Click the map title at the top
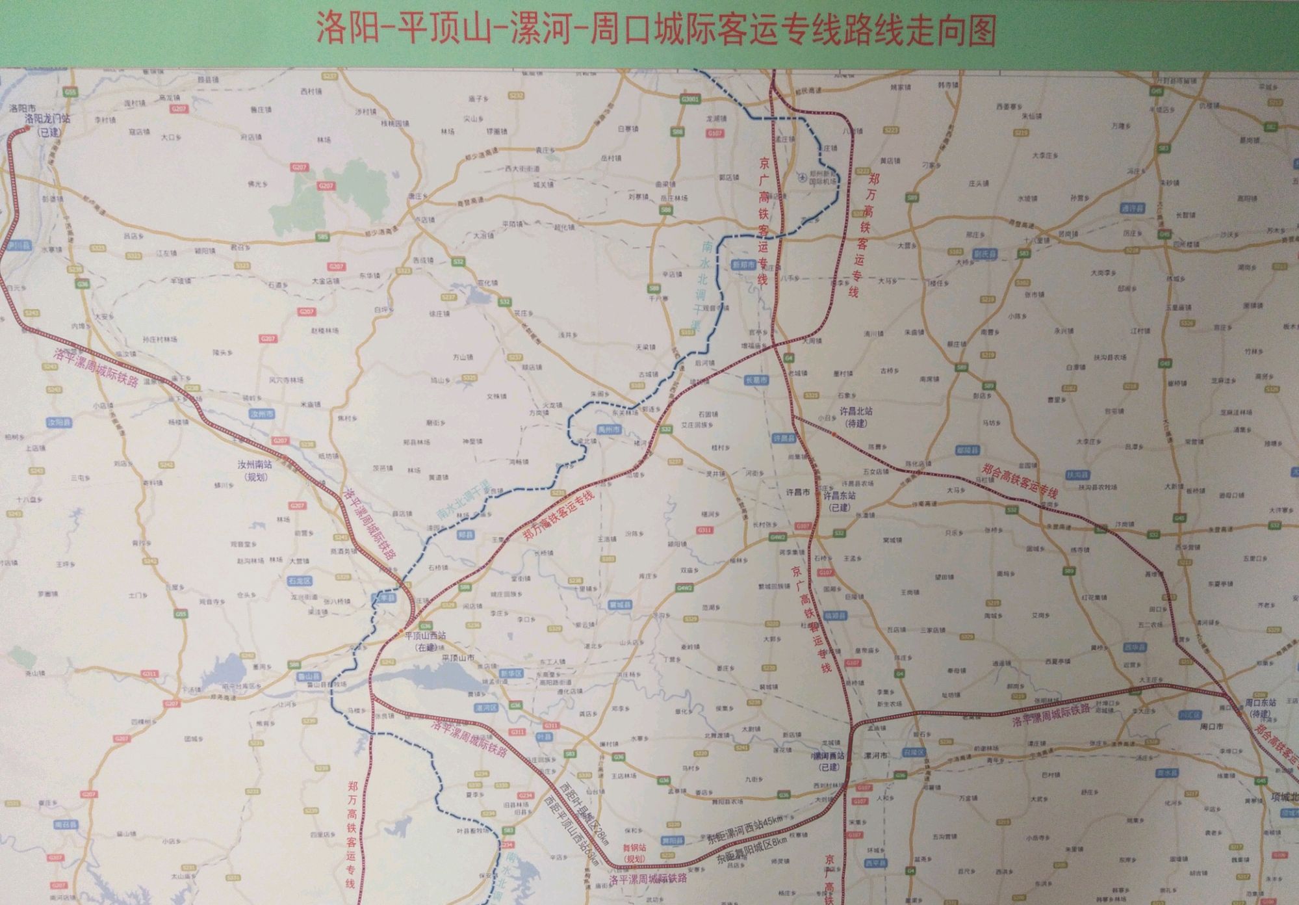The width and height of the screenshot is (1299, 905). click(x=656, y=31)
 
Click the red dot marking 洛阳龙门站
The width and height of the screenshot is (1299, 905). click(x=27, y=129)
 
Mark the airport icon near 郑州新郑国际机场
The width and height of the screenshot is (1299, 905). click(x=803, y=176)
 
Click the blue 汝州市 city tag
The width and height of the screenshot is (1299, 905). click(x=262, y=413)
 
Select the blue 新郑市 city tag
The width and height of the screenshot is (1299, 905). click(x=743, y=265)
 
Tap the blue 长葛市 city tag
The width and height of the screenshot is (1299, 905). click(x=756, y=380)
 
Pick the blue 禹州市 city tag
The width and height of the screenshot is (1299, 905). click(x=610, y=430)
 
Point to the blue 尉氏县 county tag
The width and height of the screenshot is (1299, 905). click(x=985, y=254)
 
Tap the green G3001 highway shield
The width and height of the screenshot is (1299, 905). click(x=691, y=99)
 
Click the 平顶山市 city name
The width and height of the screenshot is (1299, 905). click(x=457, y=658)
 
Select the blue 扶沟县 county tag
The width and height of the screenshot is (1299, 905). click(x=1077, y=475)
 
